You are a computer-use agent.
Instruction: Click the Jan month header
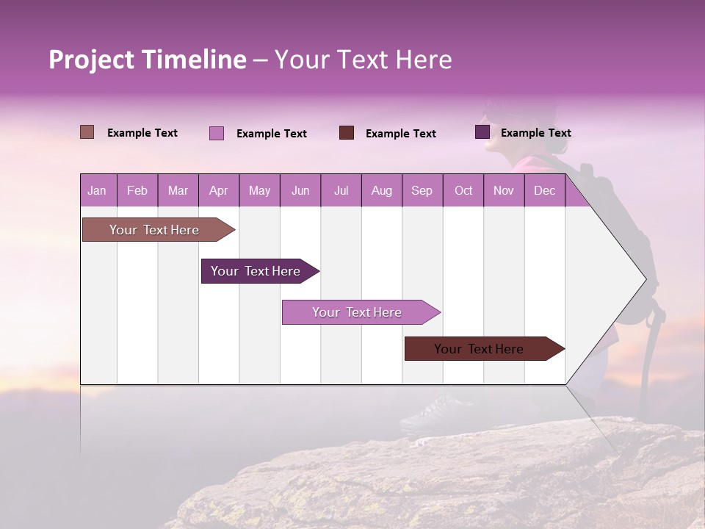pyautogui.click(x=97, y=190)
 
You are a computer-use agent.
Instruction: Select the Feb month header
pyautogui.click(x=137, y=190)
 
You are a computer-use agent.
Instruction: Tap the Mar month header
pyautogui.click(x=178, y=190)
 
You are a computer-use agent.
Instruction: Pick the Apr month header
pyautogui.click(x=219, y=190)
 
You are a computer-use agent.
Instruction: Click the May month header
pyautogui.click(x=259, y=190)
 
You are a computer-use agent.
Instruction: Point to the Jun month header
pyautogui.click(x=300, y=190)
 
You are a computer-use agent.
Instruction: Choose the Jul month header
pyautogui.click(x=341, y=190)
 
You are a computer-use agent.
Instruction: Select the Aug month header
pyautogui.click(x=381, y=190)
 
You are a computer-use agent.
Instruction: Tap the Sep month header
pyautogui.click(x=422, y=190)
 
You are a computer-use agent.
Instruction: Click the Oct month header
pyautogui.click(x=463, y=190)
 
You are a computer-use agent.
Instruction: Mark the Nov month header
pyautogui.click(x=504, y=190)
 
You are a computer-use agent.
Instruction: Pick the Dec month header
pyautogui.click(x=544, y=190)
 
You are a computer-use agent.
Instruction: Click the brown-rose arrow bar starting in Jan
pyautogui.click(x=154, y=230)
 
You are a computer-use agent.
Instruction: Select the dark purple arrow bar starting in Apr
pyautogui.click(x=256, y=271)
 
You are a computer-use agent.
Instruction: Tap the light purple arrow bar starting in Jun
pyautogui.click(x=357, y=312)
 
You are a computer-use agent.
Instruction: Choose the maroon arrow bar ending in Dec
pyautogui.click(x=479, y=349)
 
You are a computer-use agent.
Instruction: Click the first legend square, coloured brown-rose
pyautogui.click(x=87, y=132)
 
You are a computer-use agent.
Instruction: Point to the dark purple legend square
pyautogui.click(x=482, y=132)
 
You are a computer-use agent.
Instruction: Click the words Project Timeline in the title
pyautogui.click(x=148, y=60)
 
